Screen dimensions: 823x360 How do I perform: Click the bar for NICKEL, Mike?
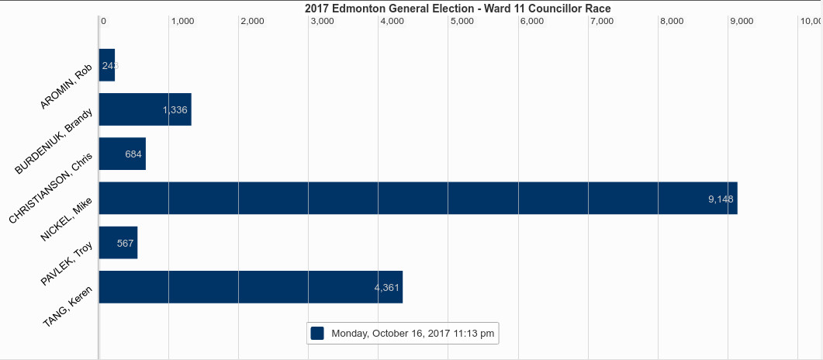tap(418, 198)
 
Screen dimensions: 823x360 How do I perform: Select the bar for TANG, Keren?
tap(251, 287)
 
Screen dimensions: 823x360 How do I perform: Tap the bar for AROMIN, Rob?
tap(107, 65)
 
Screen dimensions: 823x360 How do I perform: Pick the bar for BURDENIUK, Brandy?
tap(145, 109)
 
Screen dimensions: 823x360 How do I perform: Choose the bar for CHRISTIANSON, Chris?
tap(123, 154)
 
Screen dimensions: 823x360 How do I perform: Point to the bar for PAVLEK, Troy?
tap(118, 242)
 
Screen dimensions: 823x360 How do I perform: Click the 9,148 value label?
tap(721, 199)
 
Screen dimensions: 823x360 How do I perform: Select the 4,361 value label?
tap(387, 288)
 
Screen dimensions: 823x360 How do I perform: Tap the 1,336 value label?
tap(175, 109)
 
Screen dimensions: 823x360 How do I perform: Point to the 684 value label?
tap(133, 154)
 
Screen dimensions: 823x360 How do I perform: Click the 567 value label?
tap(126, 244)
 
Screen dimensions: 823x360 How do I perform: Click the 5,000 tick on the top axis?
tap(462, 21)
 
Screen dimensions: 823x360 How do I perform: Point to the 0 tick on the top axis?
tap(103, 21)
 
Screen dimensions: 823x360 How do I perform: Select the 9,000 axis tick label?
tap(742, 21)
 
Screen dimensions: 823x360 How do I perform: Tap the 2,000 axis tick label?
tap(252, 21)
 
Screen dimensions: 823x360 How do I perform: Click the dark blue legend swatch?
tap(317, 334)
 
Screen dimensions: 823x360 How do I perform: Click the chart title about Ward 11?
tap(458, 9)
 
